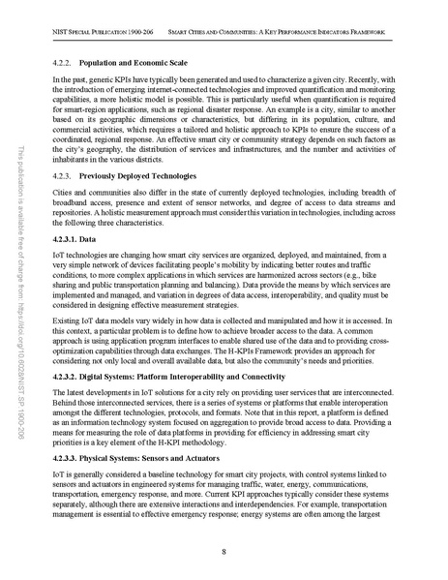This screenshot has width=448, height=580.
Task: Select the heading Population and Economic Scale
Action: coord(141,60)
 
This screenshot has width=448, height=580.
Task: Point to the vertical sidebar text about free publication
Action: coord(20,290)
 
